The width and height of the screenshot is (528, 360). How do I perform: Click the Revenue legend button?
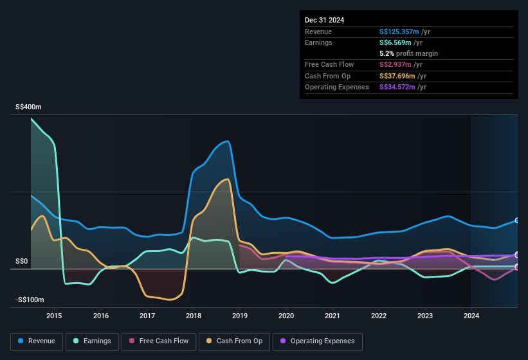pyautogui.click(x=37, y=341)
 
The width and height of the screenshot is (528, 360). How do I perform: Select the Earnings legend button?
pyautogui.click(x=93, y=341)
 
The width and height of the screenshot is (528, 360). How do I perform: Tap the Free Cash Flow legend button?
pyautogui.click(x=159, y=341)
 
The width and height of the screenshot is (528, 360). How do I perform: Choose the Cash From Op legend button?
pyautogui.click(x=234, y=341)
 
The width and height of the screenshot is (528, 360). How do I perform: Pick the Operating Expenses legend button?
pyautogui.click(x=318, y=341)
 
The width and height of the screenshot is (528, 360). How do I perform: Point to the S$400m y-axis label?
pyautogui.click(x=28, y=107)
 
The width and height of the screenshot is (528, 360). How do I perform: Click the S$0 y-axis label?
pyautogui.click(x=22, y=261)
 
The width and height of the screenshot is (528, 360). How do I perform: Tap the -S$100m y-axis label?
pyautogui.click(x=30, y=300)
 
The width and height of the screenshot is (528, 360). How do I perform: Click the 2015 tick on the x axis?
pyautogui.click(x=54, y=316)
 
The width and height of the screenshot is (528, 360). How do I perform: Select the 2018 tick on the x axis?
pyautogui.click(x=194, y=316)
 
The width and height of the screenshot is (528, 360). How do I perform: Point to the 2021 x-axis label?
pyautogui.click(x=332, y=316)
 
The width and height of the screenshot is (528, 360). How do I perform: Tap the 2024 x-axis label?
pyautogui.click(x=471, y=316)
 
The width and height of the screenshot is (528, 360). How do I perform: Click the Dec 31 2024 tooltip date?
pyautogui.click(x=325, y=20)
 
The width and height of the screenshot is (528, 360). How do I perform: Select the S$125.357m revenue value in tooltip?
pyautogui.click(x=400, y=32)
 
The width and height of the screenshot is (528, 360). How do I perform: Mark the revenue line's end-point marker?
pyautogui.click(x=517, y=221)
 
